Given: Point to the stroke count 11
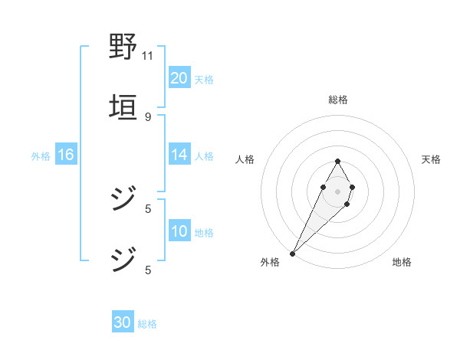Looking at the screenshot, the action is [147, 56].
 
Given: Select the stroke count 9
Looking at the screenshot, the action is [147, 116].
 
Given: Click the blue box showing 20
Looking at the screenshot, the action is [179, 78].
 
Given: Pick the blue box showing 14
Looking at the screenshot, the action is [179, 155].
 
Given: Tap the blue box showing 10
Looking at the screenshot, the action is [179, 231].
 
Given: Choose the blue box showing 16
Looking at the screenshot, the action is [66, 155].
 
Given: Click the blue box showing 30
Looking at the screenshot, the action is [123, 323].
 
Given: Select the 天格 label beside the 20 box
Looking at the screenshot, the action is [204, 80].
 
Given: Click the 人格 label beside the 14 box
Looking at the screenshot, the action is [204, 156].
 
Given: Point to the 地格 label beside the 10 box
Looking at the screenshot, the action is [204, 233].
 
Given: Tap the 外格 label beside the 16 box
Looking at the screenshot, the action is [41, 156].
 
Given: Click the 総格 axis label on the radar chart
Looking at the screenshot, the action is [337, 100].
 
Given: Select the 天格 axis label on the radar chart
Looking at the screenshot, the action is [432, 159].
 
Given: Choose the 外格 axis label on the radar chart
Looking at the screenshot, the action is [270, 263].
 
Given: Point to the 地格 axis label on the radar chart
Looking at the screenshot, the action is [402, 263].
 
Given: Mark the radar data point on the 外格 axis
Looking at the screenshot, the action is [292, 253].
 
